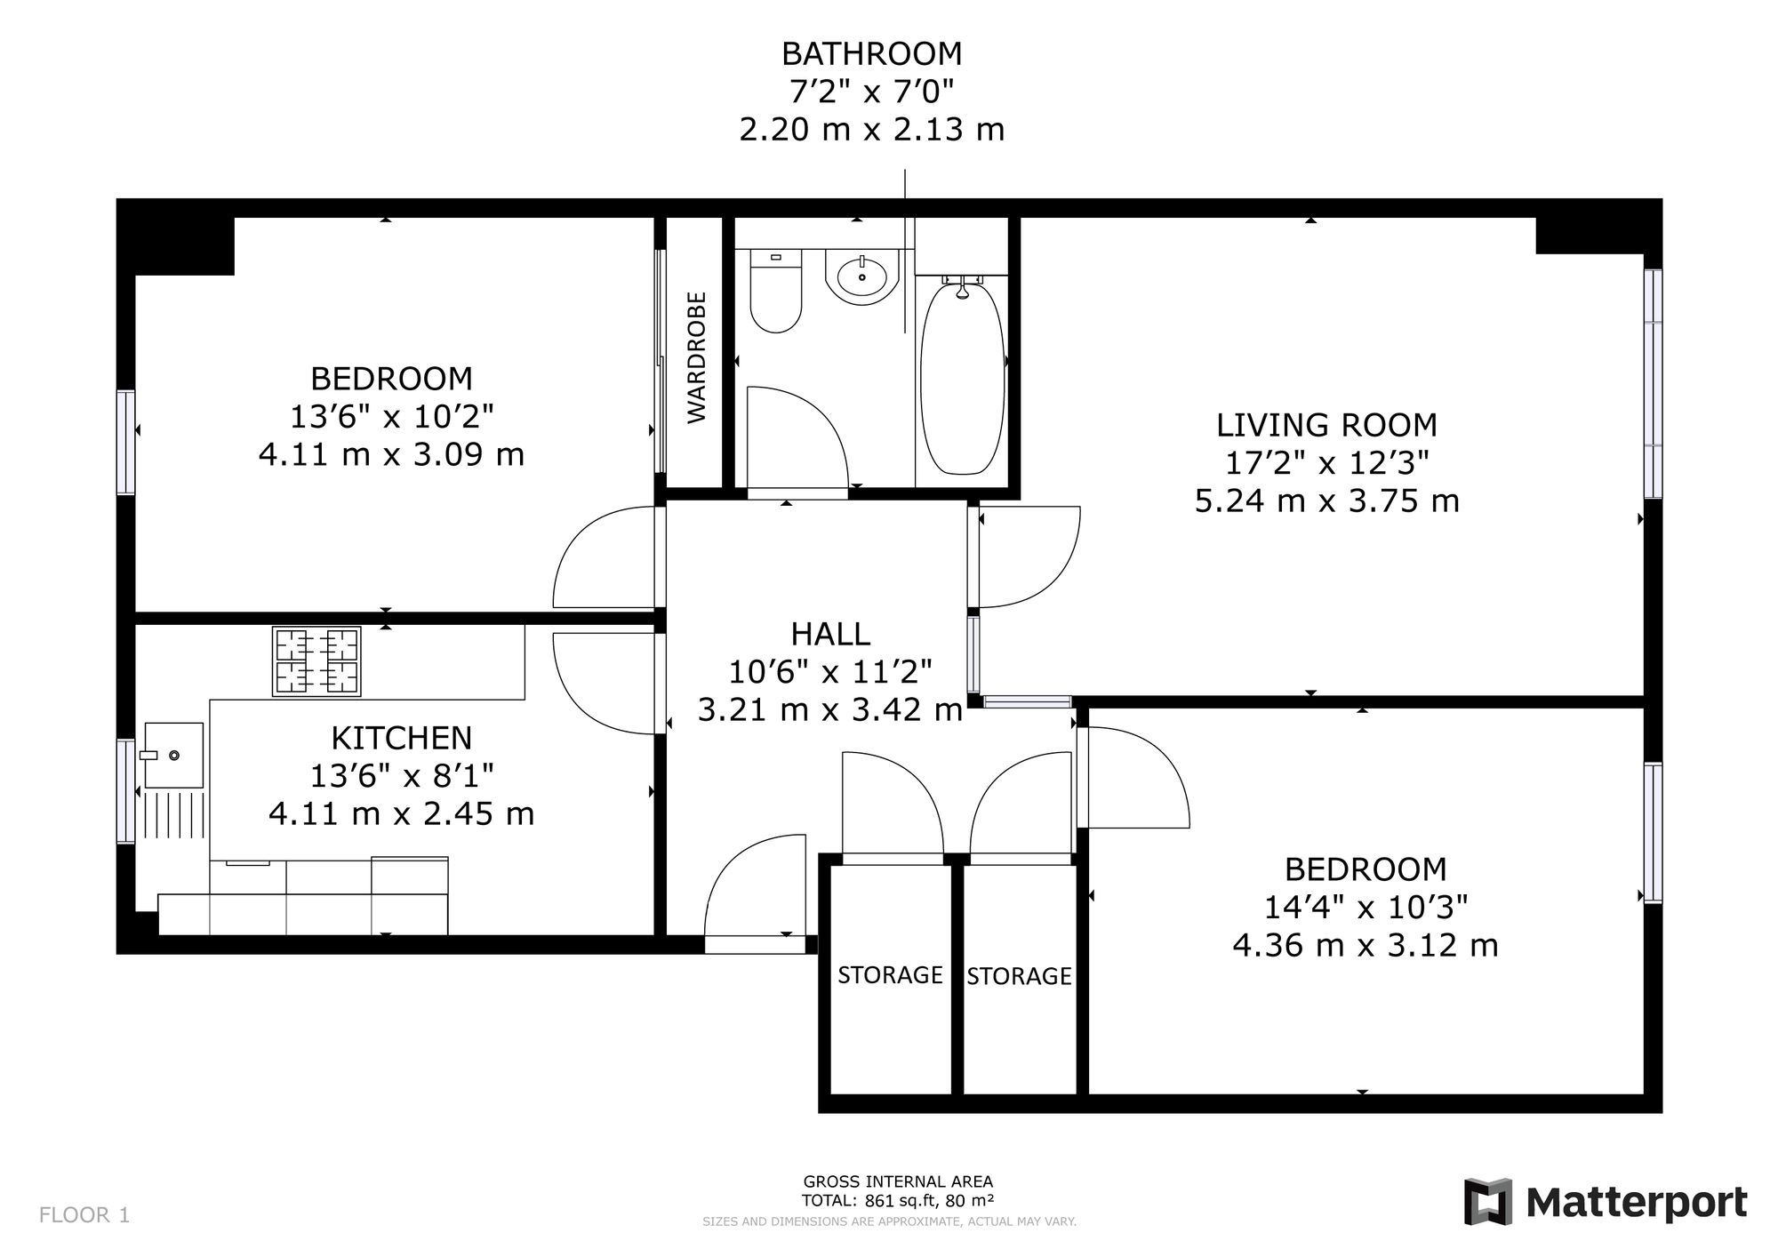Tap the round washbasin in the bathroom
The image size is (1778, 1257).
(x=862, y=276)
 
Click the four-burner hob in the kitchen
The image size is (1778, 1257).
(x=316, y=661)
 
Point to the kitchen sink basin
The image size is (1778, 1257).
(x=173, y=755)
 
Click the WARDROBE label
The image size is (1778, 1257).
(x=696, y=357)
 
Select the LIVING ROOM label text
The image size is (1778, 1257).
(x=1326, y=425)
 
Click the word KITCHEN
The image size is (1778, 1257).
(x=401, y=738)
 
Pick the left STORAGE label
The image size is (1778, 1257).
(x=890, y=975)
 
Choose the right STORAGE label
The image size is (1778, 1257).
(x=1019, y=976)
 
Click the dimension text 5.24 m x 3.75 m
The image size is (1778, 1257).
(x=1326, y=501)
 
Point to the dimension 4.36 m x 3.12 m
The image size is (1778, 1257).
(x=1366, y=945)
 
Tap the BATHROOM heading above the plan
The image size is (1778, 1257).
(x=871, y=54)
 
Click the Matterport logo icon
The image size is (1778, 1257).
(x=1488, y=1202)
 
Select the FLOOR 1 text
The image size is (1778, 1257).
(x=84, y=1215)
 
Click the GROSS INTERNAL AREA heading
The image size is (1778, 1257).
(x=898, y=1181)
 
